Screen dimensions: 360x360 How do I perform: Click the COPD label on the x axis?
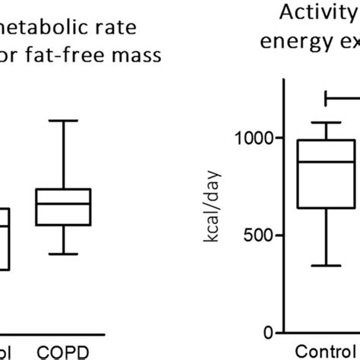65,352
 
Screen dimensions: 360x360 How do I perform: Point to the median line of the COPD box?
65,203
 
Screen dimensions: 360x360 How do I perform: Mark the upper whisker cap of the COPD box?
65,120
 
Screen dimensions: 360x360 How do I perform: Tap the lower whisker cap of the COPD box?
65,254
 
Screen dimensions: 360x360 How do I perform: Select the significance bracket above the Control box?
342,97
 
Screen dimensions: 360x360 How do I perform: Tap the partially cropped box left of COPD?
5,238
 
